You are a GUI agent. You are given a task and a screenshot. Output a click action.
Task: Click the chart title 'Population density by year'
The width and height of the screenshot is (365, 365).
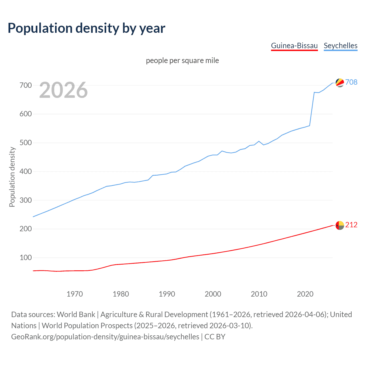pos(86,28)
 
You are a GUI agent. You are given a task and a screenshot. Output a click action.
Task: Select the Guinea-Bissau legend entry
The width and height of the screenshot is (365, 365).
pos(294,46)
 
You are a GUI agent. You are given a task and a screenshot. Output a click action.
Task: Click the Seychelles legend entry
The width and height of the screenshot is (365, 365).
pos(340,46)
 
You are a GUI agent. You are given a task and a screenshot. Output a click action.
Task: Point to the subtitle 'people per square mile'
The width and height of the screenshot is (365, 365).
pos(182,60)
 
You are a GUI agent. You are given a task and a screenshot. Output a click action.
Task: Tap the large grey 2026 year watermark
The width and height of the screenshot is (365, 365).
pos(63,90)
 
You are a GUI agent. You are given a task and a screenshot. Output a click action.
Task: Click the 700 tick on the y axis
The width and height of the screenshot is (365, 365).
pos(26,85)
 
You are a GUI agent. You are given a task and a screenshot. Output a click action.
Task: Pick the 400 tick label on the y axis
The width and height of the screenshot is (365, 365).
pos(26,171)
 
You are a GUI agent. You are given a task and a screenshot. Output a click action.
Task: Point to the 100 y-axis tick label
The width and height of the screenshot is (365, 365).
pos(26,257)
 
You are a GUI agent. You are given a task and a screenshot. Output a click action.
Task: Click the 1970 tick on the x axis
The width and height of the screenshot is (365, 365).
pos(75,294)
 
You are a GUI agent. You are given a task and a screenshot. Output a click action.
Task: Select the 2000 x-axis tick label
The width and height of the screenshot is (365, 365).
pos(213,294)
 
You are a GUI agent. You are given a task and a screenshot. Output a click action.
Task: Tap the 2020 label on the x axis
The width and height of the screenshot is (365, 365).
pos(305,294)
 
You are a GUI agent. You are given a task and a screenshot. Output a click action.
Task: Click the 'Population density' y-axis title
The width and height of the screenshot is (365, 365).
pos(12,177)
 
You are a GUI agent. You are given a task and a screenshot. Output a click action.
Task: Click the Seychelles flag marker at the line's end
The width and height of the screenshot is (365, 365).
pos(340,83)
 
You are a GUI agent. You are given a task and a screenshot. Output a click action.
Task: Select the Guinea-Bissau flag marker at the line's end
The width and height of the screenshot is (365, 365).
pos(340,225)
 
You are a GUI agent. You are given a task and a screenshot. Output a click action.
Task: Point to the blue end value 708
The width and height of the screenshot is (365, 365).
pos(351,82)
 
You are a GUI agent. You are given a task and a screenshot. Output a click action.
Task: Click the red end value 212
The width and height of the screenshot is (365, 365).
pos(351,225)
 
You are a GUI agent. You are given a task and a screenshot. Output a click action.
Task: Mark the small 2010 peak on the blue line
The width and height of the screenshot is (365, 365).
pos(259,141)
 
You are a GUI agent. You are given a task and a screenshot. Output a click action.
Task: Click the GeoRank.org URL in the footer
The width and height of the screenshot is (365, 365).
pos(105,337)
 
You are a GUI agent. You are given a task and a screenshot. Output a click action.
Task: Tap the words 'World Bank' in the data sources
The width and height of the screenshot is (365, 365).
pos(76,315)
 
